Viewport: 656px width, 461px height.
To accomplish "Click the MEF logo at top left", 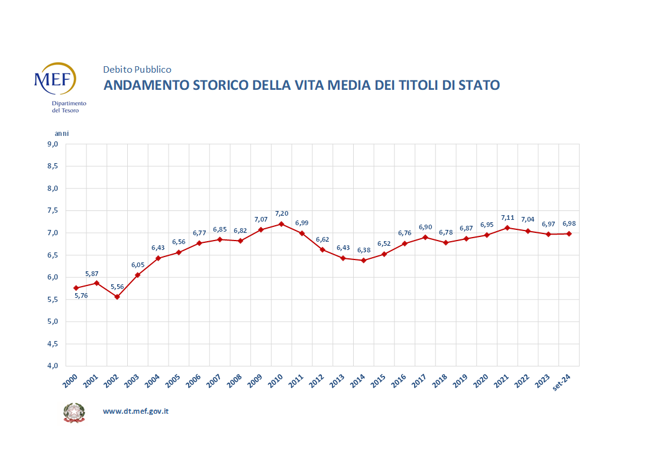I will (x=54, y=82).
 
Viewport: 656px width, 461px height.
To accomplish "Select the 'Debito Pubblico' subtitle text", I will (x=137, y=70).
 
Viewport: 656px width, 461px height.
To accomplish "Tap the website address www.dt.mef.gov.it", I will (x=135, y=411).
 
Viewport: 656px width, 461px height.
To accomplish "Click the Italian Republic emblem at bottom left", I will (x=74, y=413).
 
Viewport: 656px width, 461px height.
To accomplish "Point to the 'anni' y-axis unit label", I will (x=62, y=134).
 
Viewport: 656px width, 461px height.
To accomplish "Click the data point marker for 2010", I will (x=282, y=224).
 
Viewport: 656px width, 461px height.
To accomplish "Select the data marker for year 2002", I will (x=117, y=297).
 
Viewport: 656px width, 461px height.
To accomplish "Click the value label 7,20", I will (x=282, y=213).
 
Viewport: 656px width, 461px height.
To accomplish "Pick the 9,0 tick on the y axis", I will (x=53, y=144).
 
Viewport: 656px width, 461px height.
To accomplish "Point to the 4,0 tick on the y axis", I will (x=53, y=366).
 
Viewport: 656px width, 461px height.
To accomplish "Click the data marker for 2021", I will (x=508, y=228).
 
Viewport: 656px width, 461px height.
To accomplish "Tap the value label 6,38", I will (x=363, y=250).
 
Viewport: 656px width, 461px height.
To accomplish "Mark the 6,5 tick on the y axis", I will (x=53, y=255).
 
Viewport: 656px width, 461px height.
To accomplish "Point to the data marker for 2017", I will (x=425, y=237).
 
